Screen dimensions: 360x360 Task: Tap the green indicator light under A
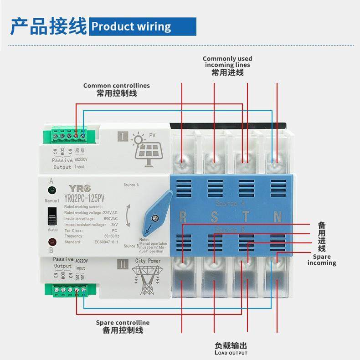[x=52, y=190]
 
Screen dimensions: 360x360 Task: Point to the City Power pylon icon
[x=147, y=278]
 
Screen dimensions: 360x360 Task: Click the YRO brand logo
[x=80, y=189]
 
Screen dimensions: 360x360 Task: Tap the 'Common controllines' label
[x=116, y=89]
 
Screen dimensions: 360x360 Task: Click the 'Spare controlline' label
[x=123, y=326]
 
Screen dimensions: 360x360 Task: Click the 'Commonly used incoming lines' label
[x=227, y=65]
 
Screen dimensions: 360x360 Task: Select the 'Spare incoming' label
[x=322, y=260]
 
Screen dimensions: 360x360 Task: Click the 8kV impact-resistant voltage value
[x=114, y=225]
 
